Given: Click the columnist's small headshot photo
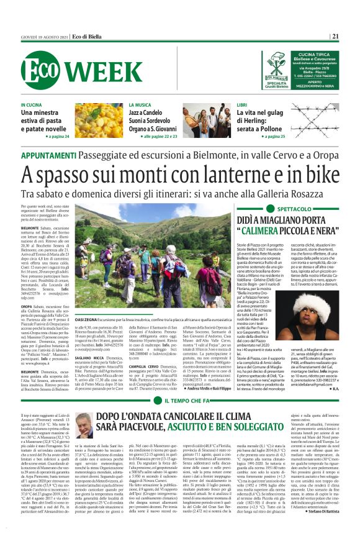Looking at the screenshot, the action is click(84, 425).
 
